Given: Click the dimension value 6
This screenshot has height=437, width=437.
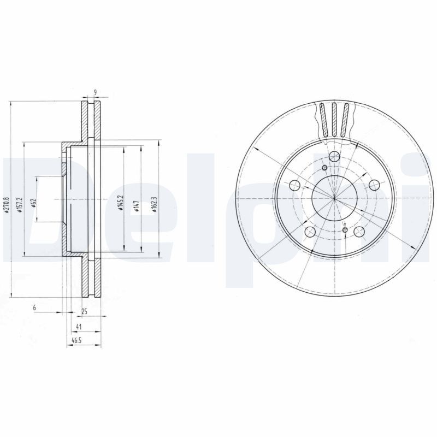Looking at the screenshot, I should [x=34, y=309].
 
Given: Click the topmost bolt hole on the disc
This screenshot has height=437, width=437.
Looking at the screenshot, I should [x=334, y=157].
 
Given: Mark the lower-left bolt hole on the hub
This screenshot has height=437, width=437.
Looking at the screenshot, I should [x=310, y=232].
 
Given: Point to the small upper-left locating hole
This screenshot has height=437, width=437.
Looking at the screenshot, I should [x=324, y=167].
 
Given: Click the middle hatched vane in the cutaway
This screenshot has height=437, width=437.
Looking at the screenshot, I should [x=334, y=119].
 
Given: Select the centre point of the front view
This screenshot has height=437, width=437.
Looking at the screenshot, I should [x=334, y=198].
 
